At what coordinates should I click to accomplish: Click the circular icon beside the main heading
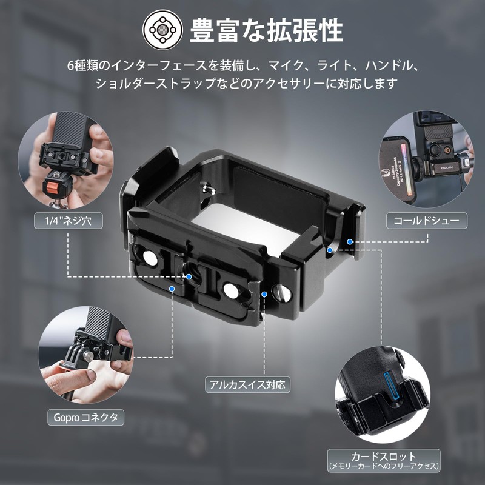[x=162, y=28]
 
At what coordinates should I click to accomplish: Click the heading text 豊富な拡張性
[x=267, y=30]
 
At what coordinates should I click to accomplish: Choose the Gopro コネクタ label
[x=85, y=417]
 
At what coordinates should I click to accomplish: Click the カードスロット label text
[x=383, y=456]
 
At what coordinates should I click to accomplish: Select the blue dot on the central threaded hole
[x=190, y=276]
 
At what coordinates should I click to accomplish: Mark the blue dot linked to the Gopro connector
[x=173, y=290]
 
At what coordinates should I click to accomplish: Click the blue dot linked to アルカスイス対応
[x=264, y=293]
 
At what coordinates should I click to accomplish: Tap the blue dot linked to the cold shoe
[x=350, y=242]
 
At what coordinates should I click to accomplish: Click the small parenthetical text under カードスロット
[x=383, y=466]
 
